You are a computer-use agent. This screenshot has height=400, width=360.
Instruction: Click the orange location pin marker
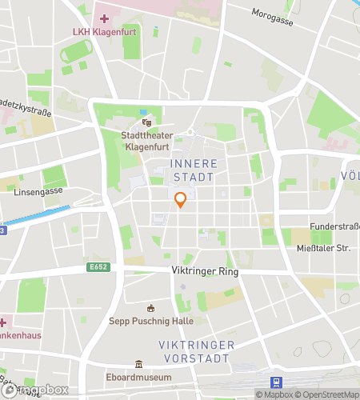click(x=181, y=200)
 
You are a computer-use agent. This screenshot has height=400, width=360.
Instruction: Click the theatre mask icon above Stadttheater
click(x=146, y=122)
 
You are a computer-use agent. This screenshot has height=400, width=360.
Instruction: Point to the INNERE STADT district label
click(x=193, y=170)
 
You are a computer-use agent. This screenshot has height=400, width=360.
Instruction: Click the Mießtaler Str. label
click(x=322, y=248)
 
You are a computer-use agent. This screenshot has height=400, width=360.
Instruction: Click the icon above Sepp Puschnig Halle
click(x=150, y=308)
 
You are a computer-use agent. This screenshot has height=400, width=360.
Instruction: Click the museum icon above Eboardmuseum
click(x=139, y=364)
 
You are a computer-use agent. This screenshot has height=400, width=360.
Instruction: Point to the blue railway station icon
click(x=277, y=382)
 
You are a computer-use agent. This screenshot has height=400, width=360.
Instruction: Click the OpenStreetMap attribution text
click(x=328, y=394)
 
